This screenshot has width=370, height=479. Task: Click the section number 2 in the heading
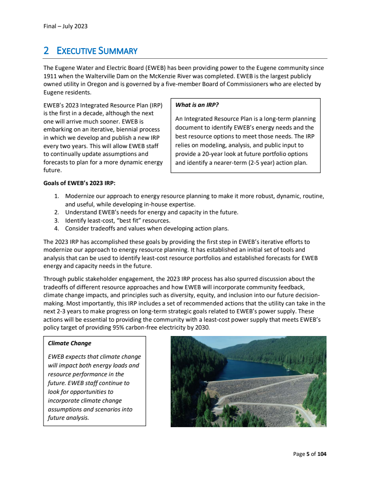click(x=46, y=51)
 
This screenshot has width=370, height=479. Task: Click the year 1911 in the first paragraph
click(x=50, y=76)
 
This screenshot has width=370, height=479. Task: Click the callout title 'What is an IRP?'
click(x=197, y=105)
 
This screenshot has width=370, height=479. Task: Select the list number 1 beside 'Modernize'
click(x=56, y=196)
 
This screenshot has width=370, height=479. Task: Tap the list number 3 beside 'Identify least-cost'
click(x=56, y=220)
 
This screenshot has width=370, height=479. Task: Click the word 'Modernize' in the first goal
click(x=80, y=196)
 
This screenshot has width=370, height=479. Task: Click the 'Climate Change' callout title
click(x=69, y=343)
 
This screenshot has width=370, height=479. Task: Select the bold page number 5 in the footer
click(x=308, y=454)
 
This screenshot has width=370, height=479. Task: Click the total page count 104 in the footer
click(x=321, y=454)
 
